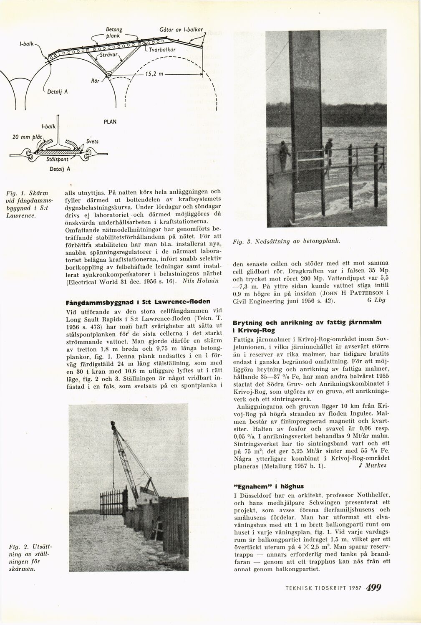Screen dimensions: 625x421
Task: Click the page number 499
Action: pyautogui.click(x=373, y=587)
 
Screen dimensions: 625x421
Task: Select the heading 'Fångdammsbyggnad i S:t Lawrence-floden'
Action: pyautogui.click(x=138, y=301)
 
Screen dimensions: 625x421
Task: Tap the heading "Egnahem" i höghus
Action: pyautogui.click(x=268, y=486)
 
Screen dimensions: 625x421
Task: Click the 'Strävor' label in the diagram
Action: pyautogui.click(x=110, y=54)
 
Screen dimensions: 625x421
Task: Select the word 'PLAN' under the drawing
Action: pyautogui.click(x=110, y=122)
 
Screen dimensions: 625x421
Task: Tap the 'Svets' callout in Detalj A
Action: pyautogui.click(x=93, y=142)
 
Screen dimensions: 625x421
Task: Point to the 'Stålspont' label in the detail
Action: pyautogui.click(x=57, y=159)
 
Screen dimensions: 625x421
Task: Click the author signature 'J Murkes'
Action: pyautogui.click(x=372, y=466)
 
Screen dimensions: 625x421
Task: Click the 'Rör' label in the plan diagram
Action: pyautogui.click(x=95, y=81)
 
